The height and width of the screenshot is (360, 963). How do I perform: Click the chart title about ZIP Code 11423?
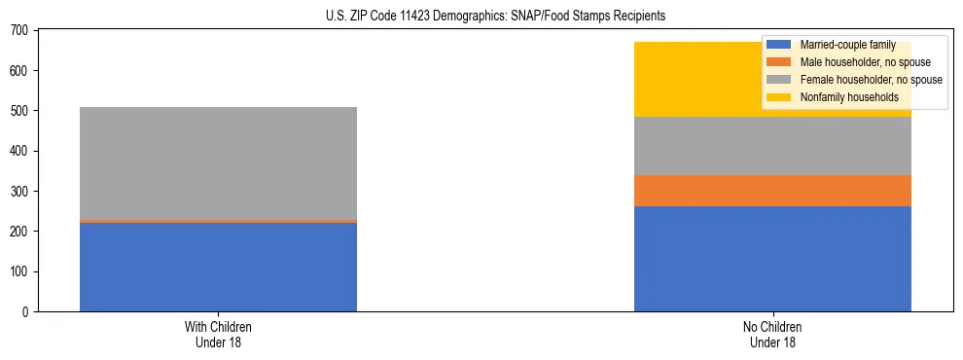coord(481,17)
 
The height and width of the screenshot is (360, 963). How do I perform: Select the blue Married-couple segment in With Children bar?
coord(218,267)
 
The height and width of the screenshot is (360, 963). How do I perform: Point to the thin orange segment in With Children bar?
coord(218,222)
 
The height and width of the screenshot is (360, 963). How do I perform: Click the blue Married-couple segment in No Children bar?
coord(772,259)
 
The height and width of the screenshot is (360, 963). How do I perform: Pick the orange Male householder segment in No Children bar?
coord(772,191)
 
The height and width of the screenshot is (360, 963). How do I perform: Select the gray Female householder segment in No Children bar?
coord(772,146)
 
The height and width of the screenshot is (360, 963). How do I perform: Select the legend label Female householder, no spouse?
coord(871,80)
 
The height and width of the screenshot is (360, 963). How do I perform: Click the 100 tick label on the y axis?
coord(21,271)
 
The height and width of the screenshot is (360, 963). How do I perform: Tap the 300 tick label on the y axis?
coord(21,192)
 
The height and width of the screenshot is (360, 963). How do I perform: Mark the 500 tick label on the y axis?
coord(21,111)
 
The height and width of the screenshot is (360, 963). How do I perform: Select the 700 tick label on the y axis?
coord(21,31)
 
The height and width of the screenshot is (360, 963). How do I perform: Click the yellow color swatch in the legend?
coord(779,97)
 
